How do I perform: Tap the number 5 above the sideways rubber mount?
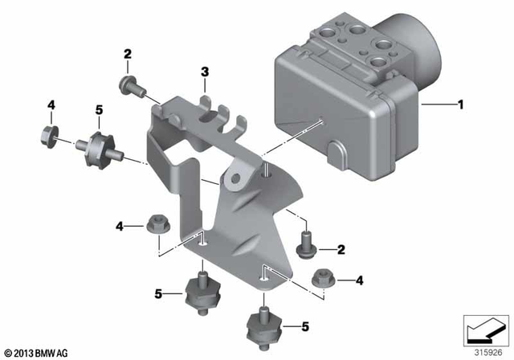click(x=100, y=109)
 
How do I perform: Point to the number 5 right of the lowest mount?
click(x=305, y=326)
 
